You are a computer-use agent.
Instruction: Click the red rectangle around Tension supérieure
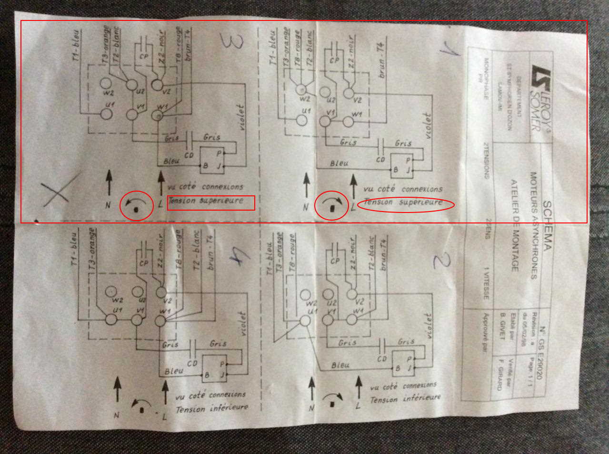coord(211,203)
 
